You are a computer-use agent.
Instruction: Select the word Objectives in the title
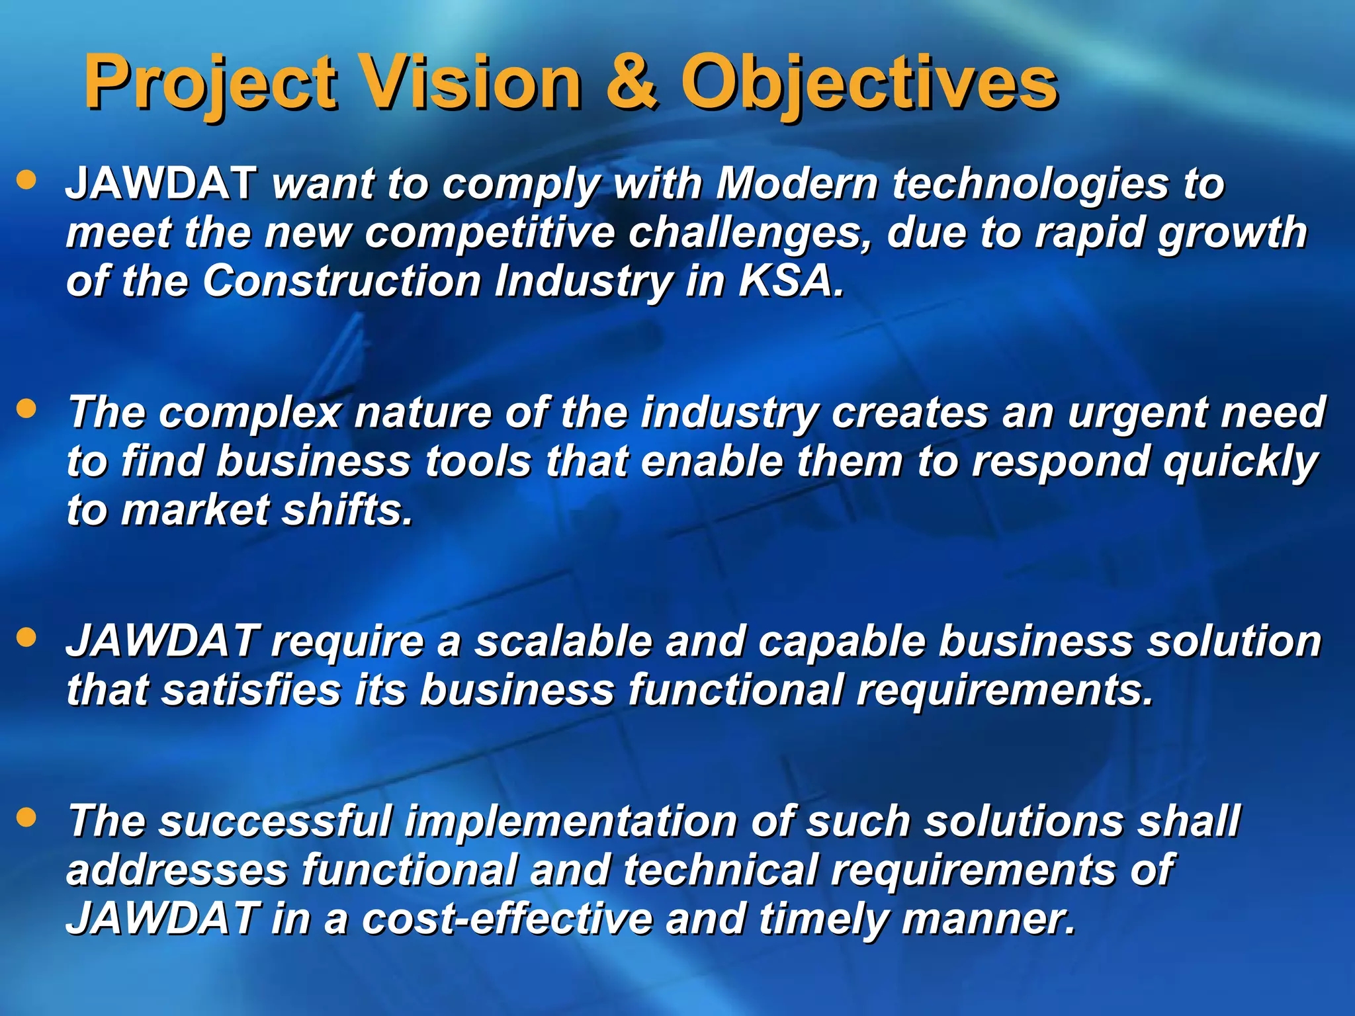(x=869, y=85)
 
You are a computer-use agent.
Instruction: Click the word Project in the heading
(x=210, y=85)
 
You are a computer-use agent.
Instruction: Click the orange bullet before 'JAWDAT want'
(x=26, y=180)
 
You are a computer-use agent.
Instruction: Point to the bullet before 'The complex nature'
(x=26, y=409)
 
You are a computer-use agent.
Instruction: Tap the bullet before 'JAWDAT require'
(x=26, y=638)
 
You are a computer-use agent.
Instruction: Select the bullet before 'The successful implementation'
(x=26, y=818)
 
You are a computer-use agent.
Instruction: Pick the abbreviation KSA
(x=791, y=281)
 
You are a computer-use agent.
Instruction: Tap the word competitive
(x=490, y=233)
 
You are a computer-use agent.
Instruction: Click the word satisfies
(x=251, y=690)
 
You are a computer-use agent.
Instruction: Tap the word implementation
(x=571, y=822)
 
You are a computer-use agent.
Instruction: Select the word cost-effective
(x=506, y=919)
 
